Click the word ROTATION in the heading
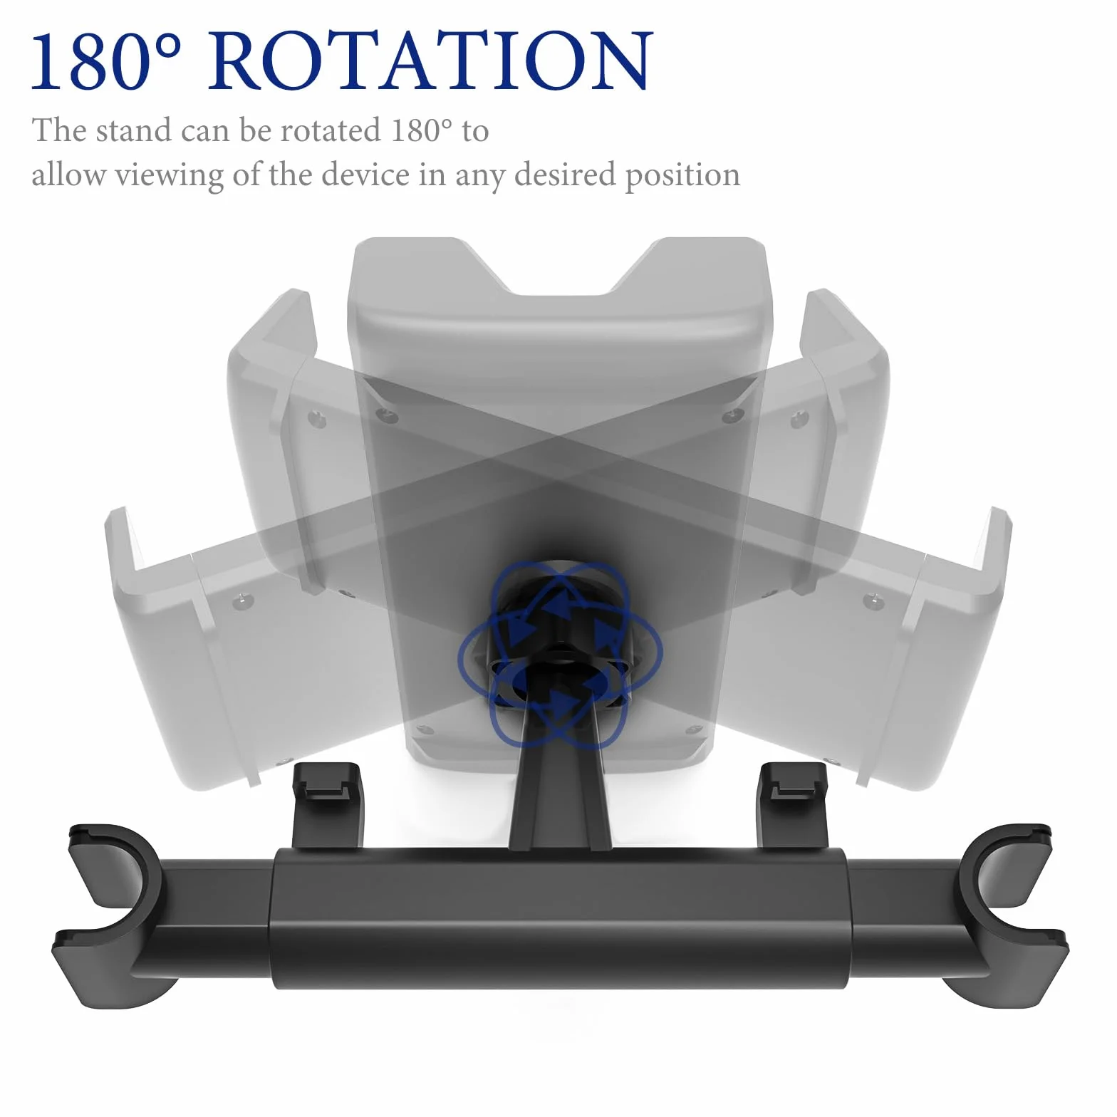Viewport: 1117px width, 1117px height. tap(430, 61)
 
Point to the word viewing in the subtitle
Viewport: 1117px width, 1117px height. tap(169, 175)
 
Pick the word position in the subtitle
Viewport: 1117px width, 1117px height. tap(682, 175)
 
